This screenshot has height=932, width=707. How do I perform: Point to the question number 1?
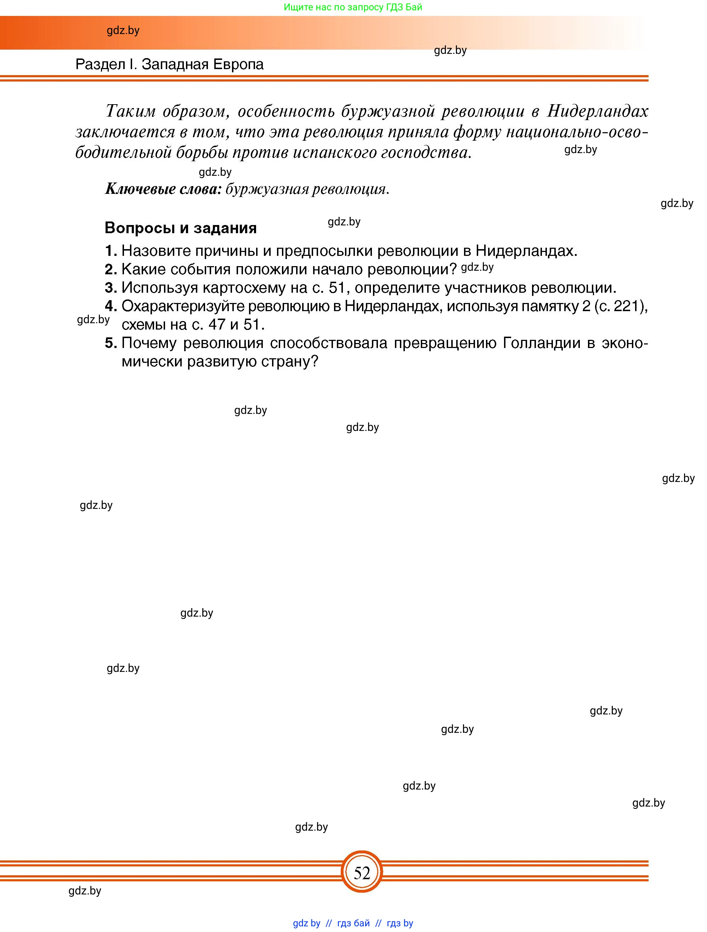110,251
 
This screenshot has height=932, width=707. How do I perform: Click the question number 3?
110,288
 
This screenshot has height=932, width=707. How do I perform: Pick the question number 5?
110,343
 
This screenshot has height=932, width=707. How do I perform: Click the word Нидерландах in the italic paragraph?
597,111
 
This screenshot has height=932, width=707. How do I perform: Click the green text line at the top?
353,7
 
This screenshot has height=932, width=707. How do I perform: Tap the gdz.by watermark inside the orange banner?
123,31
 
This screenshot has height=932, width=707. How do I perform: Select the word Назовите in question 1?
154,251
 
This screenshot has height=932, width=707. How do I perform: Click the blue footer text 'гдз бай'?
353,923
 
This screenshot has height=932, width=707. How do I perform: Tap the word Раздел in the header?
100,64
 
